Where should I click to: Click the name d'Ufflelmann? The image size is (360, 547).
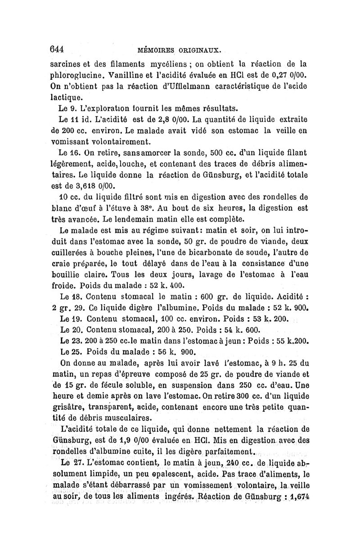tap(163, 86)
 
